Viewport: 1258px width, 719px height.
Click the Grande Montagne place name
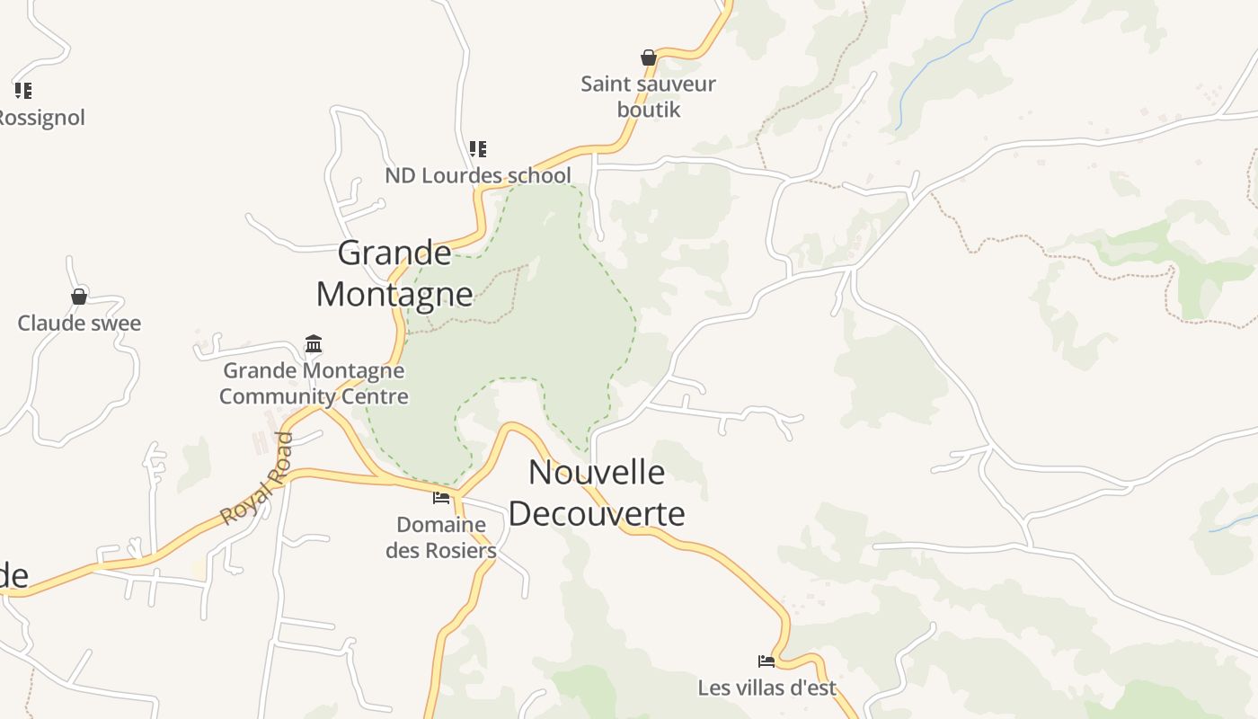click(x=394, y=273)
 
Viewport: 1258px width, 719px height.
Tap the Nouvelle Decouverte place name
click(x=597, y=493)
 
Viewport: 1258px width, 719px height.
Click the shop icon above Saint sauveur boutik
click(x=648, y=58)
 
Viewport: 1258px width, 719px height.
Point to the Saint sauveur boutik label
click(x=648, y=96)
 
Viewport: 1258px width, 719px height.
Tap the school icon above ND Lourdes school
click(x=478, y=149)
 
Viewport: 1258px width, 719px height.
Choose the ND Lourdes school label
click(x=478, y=175)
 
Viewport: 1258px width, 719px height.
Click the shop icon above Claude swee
click(x=79, y=297)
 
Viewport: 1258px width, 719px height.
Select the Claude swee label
click(x=79, y=323)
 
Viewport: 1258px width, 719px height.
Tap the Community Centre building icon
click(x=314, y=343)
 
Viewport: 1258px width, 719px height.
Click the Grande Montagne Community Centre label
click(x=314, y=383)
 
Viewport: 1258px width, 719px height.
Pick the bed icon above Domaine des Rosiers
click(x=441, y=498)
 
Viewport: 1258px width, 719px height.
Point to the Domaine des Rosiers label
click(x=441, y=537)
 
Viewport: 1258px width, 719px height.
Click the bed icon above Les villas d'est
click(x=766, y=661)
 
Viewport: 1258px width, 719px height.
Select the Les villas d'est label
click(x=766, y=688)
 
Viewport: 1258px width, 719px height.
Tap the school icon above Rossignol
click(x=23, y=91)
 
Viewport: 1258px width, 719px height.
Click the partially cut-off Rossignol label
click(x=41, y=118)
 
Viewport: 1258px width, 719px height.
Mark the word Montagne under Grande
click(x=394, y=294)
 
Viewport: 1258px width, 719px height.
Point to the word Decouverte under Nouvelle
click(x=597, y=513)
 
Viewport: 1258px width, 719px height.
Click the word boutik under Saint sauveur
click(x=648, y=110)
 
